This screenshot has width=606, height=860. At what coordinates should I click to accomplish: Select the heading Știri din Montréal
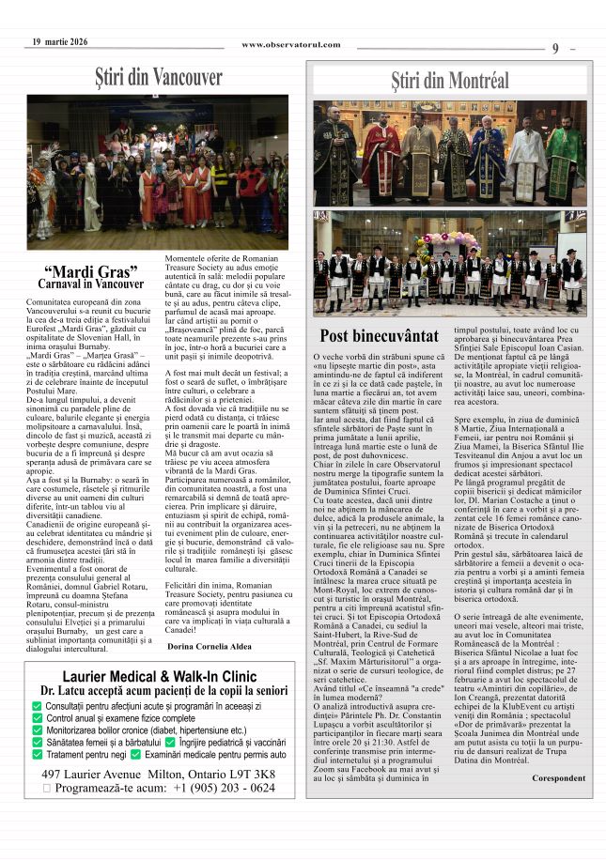tap(450, 81)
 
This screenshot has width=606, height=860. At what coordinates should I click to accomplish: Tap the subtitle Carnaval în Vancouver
tap(91, 284)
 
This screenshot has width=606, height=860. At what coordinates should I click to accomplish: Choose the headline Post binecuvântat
tap(379, 336)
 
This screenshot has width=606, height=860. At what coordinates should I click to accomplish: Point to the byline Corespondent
tap(558, 777)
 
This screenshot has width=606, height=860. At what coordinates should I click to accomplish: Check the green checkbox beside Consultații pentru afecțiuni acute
tap(38, 705)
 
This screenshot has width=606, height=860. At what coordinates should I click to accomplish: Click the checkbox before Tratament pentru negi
tap(38, 754)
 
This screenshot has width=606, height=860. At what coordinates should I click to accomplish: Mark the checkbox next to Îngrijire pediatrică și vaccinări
tap(169, 742)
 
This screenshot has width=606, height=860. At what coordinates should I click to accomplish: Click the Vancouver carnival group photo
tap(158, 172)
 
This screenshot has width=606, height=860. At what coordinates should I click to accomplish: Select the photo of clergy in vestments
tap(449, 153)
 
